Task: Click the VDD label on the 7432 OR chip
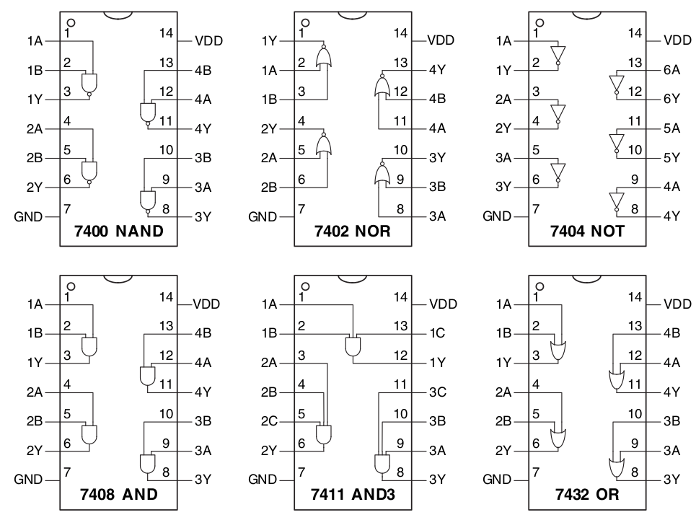click(677, 304)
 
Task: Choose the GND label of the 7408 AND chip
click(29, 480)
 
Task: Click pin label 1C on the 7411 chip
click(437, 334)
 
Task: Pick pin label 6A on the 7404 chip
click(671, 70)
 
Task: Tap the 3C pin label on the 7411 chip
click(437, 392)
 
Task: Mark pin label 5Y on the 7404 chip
click(671, 157)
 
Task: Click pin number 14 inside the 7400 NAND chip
click(167, 33)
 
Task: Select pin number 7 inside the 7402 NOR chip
click(301, 209)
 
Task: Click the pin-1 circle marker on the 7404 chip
click(539, 22)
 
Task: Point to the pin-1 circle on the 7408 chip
click(71, 286)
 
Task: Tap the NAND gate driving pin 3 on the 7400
click(90, 83)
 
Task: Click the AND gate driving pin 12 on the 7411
click(353, 346)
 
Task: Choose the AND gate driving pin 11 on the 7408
click(146, 376)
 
